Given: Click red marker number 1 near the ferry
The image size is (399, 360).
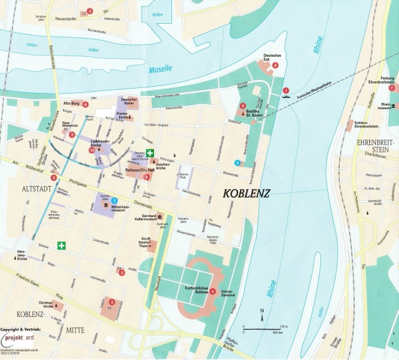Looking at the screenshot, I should pyautogui.click(x=285, y=89).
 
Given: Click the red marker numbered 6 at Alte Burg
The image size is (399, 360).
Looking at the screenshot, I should pyautogui.click(x=85, y=104).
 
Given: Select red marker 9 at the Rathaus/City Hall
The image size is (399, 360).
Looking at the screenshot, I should pyautogui.click(x=147, y=177).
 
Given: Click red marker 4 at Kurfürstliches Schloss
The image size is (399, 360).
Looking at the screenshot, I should pyautogui.click(x=213, y=292).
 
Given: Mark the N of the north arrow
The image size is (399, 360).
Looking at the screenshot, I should pyautogui.click(x=262, y=311).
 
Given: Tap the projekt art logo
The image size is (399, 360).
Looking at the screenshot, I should pyautogui.click(x=26, y=339).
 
